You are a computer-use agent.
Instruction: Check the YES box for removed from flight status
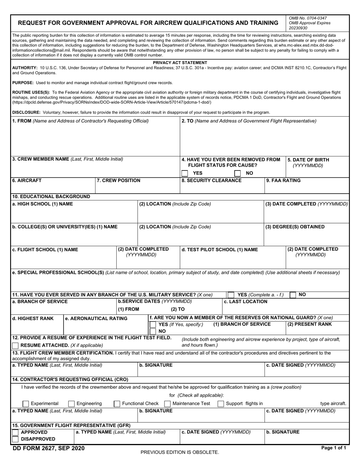pyautogui.click(x=185, y=173)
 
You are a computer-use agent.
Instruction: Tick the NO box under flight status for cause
pyautogui.click(x=238, y=173)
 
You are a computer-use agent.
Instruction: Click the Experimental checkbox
pyautogui.click(x=26, y=403)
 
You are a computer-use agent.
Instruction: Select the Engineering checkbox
pyautogui.click(x=71, y=403)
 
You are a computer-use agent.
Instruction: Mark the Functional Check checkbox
pyautogui.click(x=117, y=403)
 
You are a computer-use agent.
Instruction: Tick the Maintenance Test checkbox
pyautogui.click(x=167, y=403)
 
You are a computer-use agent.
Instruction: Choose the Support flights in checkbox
pyautogui.click(x=221, y=403)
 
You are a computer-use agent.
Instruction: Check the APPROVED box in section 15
pyautogui.click(x=16, y=432)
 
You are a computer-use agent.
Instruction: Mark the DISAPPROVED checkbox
pyautogui.click(x=16, y=439)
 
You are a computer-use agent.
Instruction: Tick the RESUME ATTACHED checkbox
pyautogui.click(x=16, y=345)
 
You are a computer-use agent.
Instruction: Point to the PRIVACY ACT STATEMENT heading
pyautogui.click(x=180, y=63)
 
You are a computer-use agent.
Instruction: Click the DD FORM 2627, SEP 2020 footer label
pyautogui.click(x=49, y=449)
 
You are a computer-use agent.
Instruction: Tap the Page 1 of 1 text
pyautogui.click(x=333, y=448)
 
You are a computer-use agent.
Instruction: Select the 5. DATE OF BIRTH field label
pyautogui.click(x=308, y=160)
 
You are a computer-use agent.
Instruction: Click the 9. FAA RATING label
pyautogui.click(x=283, y=180)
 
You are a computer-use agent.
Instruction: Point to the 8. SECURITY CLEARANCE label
pyautogui.click(x=211, y=180)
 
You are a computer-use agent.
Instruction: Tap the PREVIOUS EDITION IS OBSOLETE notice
pyautogui.click(x=180, y=452)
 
